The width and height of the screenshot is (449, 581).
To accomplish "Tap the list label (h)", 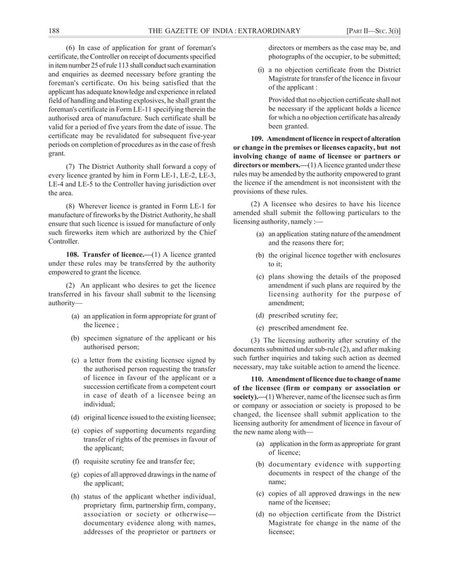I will click(x=75, y=497).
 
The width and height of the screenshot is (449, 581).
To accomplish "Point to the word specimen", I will click(x=101, y=339).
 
